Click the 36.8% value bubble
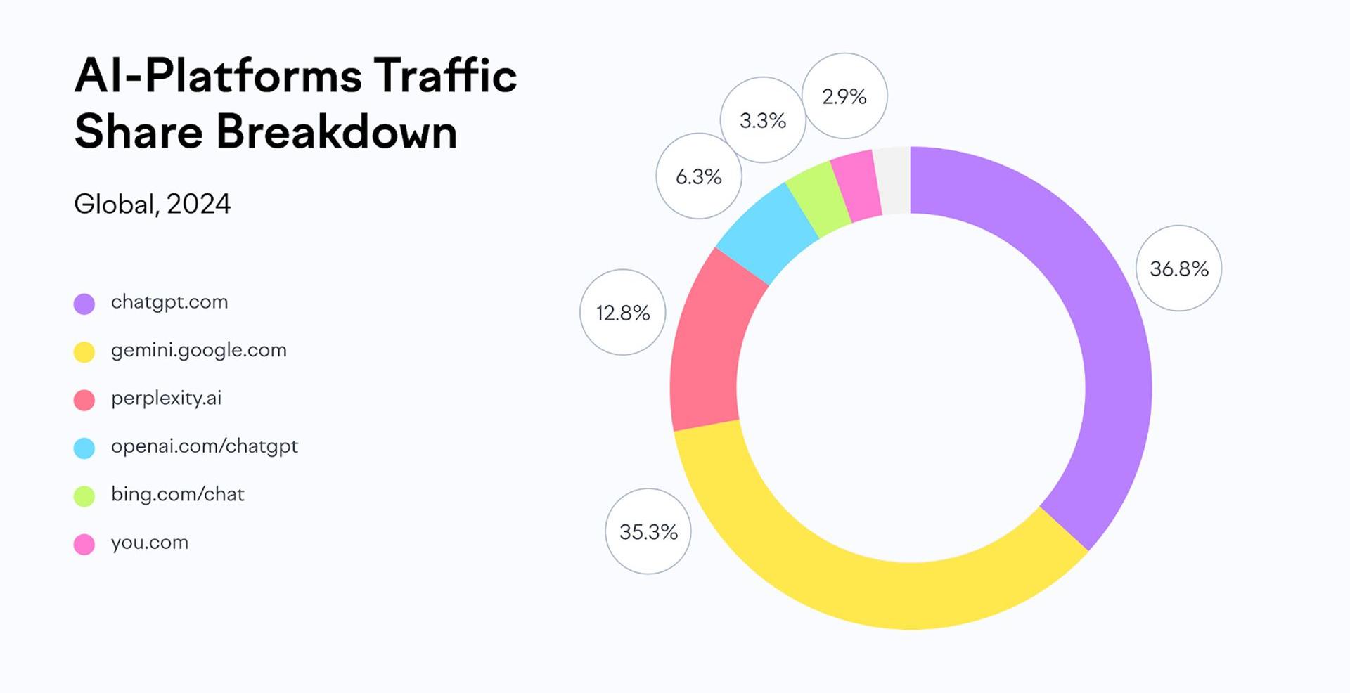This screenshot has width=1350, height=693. pyautogui.click(x=1178, y=268)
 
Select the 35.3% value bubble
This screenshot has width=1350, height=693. pyautogui.click(x=648, y=531)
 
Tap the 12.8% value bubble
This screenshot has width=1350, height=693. pyautogui.click(x=622, y=312)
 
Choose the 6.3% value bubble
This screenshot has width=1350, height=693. pyautogui.click(x=698, y=176)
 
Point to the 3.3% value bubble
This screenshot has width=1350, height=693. pyautogui.click(x=762, y=120)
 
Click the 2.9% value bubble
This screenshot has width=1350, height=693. pyautogui.click(x=844, y=96)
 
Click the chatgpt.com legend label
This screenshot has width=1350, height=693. pyautogui.click(x=169, y=302)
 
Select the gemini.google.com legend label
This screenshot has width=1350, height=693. pyautogui.click(x=198, y=350)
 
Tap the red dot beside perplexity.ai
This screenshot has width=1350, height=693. pyautogui.click(x=84, y=400)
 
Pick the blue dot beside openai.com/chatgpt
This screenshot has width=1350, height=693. pyautogui.click(x=84, y=448)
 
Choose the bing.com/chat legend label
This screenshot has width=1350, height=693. pyautogui.click(x=177, y=494)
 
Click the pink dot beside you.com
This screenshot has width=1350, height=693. pyautogui.click(x=84, y=544)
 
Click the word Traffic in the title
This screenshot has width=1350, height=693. pyautogui.click(x=445, y=75)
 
